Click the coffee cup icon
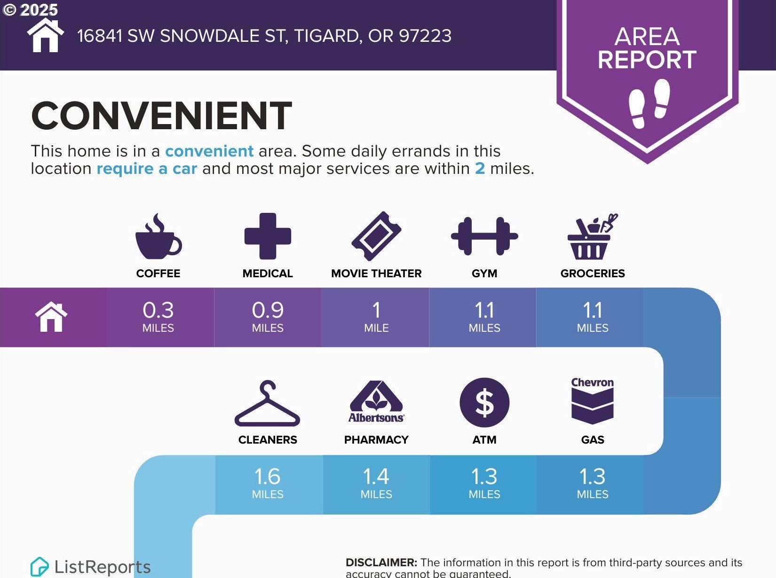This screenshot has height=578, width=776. point(158,236)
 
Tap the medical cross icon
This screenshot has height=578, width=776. point(268,236)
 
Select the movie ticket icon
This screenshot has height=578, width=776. point(376,236)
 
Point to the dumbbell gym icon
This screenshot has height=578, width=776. point(484,236)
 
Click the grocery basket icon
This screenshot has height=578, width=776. point(593,236)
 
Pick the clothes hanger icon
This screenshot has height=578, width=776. point(267,403)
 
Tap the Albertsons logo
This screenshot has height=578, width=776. point(376,402)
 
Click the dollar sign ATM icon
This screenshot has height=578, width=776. point(484,403)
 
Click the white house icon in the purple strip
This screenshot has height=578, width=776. point(51,317)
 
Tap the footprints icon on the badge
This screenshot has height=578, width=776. point(649,103)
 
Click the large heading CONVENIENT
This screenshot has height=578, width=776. point(162,116)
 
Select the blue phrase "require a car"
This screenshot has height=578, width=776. point(147,168)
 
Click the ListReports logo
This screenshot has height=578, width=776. point(90,567)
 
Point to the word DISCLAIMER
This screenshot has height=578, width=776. point(381,562)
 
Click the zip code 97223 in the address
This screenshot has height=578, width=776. point(425,36)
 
